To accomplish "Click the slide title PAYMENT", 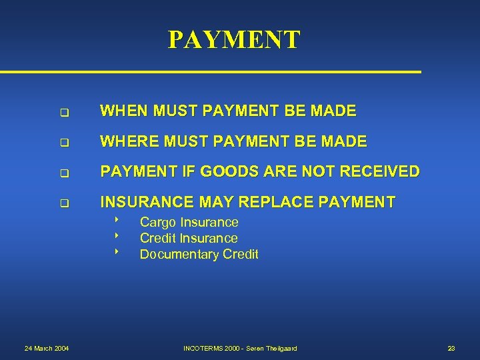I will click(x=234, y=40).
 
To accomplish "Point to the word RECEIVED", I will click(x=380, y=171).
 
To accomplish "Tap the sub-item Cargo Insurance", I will click(x=189, y=223).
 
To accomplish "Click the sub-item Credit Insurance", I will click(x=188, y=239).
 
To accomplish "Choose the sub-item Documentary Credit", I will click(x=199, y=255).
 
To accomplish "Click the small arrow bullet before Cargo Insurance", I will click(x=116, y=220).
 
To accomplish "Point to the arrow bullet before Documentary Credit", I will click(x=116, y=252).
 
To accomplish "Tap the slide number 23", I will click(x=451, y=349).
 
